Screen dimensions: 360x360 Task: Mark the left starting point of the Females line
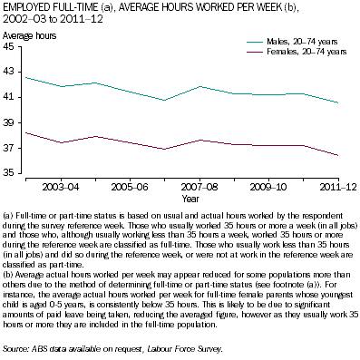[25, 132]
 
